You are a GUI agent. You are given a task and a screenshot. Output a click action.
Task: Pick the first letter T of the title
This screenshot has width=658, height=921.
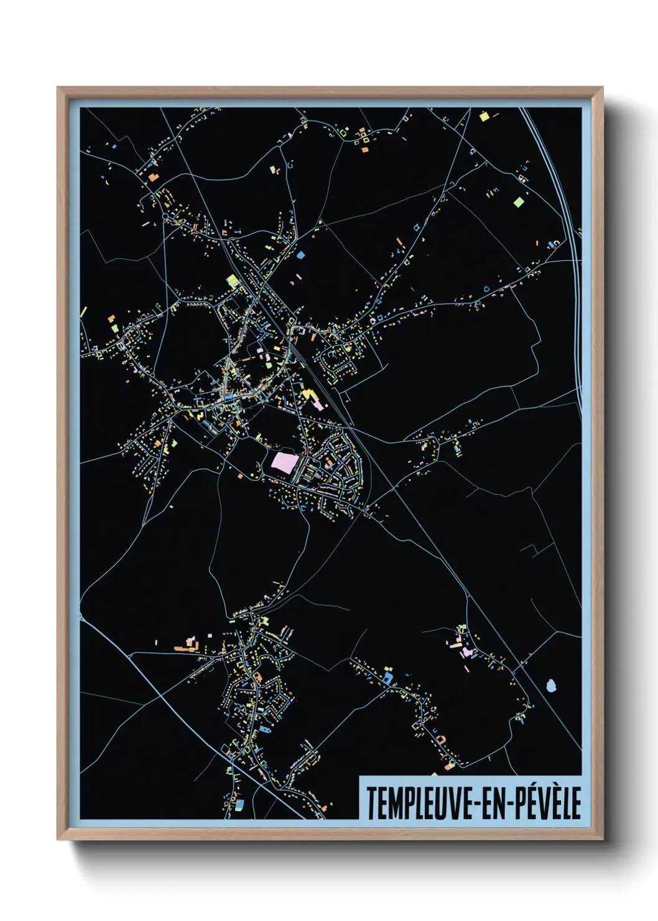point(371,803)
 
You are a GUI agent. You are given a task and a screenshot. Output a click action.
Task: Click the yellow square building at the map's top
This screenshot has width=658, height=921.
point(484,116)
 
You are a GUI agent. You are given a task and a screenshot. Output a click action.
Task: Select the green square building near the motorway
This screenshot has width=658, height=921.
point(519,202)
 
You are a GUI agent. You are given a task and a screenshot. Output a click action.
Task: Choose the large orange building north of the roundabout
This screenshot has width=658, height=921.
point(152,177)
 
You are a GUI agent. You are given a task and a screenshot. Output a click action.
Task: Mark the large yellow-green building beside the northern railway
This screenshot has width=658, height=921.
point(233,280)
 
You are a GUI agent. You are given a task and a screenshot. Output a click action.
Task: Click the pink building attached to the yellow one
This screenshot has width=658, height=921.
point(318,404)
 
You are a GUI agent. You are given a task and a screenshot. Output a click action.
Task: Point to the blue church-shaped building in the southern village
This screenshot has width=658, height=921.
point(266,728)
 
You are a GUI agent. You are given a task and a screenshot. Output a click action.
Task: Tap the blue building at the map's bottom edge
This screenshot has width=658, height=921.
point(240,805)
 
